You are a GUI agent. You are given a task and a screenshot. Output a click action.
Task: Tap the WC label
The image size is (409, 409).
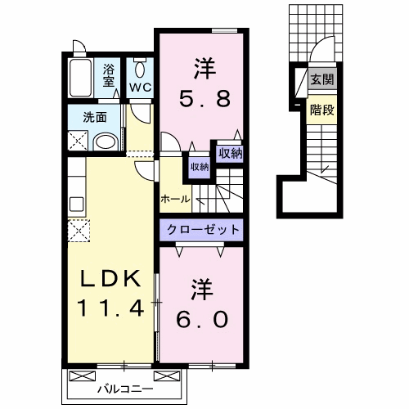tap(140, 88)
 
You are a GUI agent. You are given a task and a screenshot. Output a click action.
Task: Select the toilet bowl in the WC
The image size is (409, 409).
tap(140, 70)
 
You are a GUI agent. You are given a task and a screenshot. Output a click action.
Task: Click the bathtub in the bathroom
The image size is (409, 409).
tap(80, 78)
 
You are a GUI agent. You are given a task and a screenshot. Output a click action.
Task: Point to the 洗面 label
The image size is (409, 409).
tap(95, 117)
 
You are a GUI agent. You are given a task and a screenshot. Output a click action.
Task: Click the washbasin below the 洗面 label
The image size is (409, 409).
tap(106, 142)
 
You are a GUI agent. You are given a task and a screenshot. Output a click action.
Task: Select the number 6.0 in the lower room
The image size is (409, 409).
tap(202, 319)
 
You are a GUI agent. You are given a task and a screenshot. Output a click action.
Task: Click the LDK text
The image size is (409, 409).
tap(110, 278)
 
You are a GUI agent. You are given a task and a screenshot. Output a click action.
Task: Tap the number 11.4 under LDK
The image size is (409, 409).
tap(110, 308)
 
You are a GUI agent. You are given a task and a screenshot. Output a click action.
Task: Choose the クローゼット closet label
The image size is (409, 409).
tap(203, 230)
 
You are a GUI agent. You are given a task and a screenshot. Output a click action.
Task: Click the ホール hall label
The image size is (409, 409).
tap(175, 199)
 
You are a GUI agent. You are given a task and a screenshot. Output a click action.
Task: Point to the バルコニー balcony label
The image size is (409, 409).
tap(126, 389)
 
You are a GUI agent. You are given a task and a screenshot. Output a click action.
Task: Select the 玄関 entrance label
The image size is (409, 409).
tap(322, 80)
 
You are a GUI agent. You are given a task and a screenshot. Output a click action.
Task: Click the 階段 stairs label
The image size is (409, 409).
tap(322, 110)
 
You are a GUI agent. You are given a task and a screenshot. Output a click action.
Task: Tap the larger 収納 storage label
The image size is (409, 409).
tap(231, 154)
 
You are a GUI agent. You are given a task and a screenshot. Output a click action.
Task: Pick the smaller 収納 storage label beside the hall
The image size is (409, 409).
tap(200, 167)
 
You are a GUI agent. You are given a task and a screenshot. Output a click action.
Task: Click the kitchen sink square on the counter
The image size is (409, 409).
tap(77, 204)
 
